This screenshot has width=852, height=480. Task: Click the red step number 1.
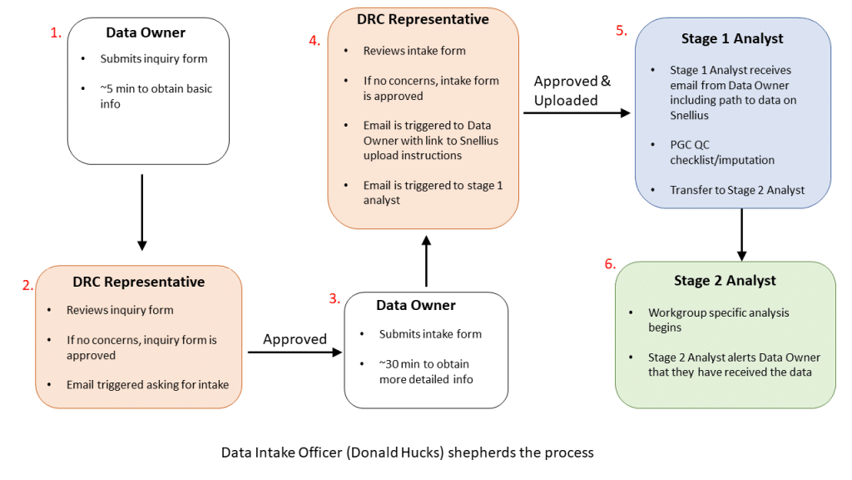pyautogui.click(x=56, y=33)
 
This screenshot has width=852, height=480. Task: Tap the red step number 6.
pyautogui.click(x=610, y=264)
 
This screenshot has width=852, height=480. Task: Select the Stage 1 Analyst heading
pyautogui.click(x=733, y=38)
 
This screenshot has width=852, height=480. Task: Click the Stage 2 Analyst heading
pyautogui.click(x=726, y=281)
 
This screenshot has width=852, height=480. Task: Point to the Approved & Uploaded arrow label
pyautogui.click(x=572, y=90)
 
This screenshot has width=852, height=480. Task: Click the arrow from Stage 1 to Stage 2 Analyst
pyautogui.click(x=741, y=234)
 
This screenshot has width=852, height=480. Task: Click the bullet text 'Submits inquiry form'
pyautogui.click(x=153, y=59)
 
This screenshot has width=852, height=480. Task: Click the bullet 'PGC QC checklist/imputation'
pyautogui.click(x=722, y=152)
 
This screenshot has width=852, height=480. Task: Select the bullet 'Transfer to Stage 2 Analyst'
pyautogui.click(x=737, y=190)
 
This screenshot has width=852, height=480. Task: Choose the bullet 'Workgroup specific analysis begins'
pyautogui.click(x=718, y=320)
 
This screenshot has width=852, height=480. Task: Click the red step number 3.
pyautogui.click(x=334, y=298)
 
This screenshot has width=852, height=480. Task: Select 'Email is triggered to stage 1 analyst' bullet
pyautogui.click(x=433, y=192)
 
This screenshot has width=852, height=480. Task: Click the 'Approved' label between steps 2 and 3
pyautogui.click(x=295, y=339)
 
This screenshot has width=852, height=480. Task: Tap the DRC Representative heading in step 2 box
pyautogui.click(x=138, y=282)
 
